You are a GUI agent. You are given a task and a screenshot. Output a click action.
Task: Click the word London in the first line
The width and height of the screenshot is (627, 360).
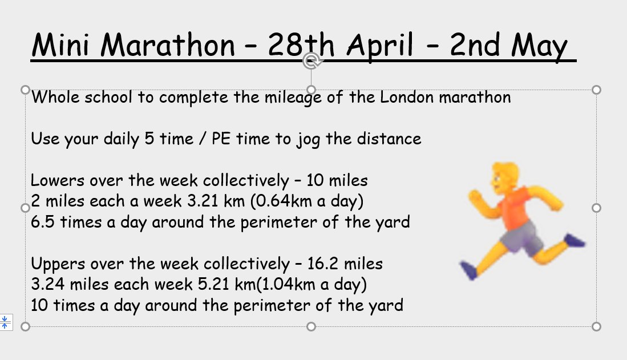[407, 97]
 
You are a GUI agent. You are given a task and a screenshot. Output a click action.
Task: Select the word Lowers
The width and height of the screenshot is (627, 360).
[56, 181]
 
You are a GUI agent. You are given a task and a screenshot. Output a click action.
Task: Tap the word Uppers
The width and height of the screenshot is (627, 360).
[57, 264]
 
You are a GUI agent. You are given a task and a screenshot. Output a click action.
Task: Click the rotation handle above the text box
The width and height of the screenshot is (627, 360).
[312, 60]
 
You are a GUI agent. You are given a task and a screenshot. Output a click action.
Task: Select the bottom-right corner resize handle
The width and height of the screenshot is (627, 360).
[597, 326]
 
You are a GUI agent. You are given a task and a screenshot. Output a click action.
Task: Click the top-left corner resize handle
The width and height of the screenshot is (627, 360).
[25, 90]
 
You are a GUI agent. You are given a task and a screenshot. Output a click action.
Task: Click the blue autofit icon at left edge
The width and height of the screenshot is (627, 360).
[5, 322]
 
